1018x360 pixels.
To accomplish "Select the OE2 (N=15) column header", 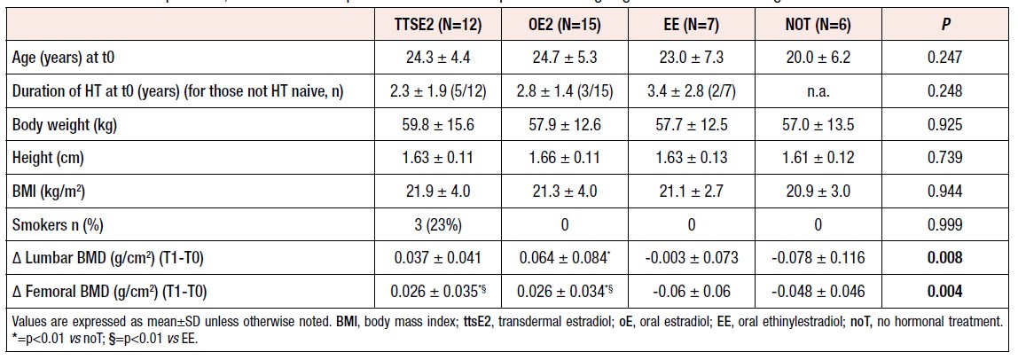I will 564,26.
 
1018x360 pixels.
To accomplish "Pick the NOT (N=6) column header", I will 817,26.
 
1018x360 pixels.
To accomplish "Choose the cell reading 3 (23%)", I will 437,225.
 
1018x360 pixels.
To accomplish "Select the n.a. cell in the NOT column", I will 817,92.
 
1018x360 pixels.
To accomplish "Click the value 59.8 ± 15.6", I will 437,126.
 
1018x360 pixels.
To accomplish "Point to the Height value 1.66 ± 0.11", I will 564,159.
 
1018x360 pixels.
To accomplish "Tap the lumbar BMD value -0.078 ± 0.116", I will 817,258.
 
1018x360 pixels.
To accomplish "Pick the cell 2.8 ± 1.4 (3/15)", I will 564,92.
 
